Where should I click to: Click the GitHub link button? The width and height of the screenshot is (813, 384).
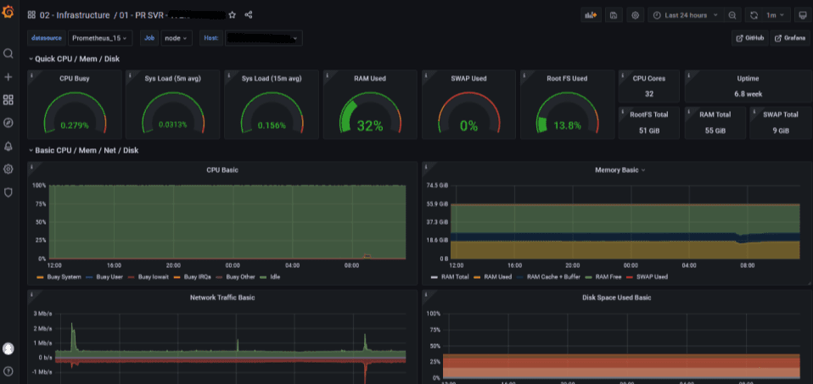coord(749,38)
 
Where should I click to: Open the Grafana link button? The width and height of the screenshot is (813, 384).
coord(789,38)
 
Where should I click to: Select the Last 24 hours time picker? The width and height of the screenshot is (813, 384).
coord(685,15)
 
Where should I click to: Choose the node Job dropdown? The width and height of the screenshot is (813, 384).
coord(177,38)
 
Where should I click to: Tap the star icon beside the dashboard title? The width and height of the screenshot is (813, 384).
coord(233,15)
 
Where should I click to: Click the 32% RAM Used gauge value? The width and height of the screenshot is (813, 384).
coord(370,125)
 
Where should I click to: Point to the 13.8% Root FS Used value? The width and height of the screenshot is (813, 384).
coord(567,125)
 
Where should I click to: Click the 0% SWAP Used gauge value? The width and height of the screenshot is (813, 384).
coord(468,125)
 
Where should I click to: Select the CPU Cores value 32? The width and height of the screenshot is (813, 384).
coord(648,93)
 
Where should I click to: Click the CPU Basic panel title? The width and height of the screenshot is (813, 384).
coord(222,170)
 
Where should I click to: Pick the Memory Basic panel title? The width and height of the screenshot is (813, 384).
coord(616,170)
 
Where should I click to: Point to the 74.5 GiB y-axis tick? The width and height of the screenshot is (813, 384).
coord(437,185)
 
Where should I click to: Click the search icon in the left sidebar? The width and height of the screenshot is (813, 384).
coord(8,53)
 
